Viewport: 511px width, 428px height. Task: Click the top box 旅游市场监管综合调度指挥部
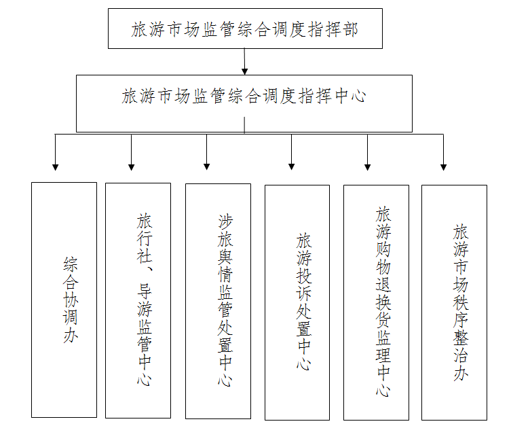245,29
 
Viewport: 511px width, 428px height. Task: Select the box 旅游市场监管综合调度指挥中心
244,104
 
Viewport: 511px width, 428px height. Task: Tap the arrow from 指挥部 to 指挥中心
245,62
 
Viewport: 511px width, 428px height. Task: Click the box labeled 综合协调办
64,300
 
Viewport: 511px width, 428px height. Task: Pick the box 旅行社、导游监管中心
138,300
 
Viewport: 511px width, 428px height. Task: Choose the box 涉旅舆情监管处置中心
219,301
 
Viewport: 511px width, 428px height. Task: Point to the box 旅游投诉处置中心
297,303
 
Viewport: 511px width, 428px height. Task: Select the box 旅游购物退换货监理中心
377,303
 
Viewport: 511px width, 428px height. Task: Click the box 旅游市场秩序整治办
454,303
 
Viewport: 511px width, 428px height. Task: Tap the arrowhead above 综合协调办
56,167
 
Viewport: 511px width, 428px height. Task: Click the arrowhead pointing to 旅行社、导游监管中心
132,167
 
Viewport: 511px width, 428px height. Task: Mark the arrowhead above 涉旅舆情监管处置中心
206,166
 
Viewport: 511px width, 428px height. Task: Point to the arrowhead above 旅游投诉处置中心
292,166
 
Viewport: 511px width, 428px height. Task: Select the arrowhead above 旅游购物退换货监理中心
368,167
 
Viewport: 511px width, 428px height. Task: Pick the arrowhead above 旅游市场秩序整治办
444,167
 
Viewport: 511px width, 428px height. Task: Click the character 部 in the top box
350,29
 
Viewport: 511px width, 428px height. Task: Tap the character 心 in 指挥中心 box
358,96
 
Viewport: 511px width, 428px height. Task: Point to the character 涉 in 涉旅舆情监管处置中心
225,222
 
